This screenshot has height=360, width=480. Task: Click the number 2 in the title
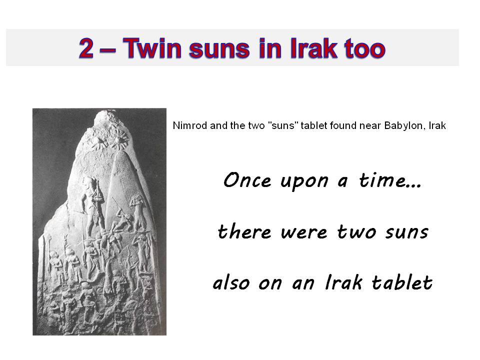[x=86, y=48]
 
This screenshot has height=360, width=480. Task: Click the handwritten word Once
[x=247, y=180]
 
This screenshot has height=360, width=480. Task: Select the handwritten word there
[x=244, y=231]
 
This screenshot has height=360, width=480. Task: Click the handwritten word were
[x=304, y=233]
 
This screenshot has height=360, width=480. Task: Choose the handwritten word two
[x=356, y=231]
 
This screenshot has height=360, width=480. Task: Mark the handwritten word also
[x=231, y=282]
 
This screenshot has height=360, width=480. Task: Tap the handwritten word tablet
[x=402, y=281]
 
